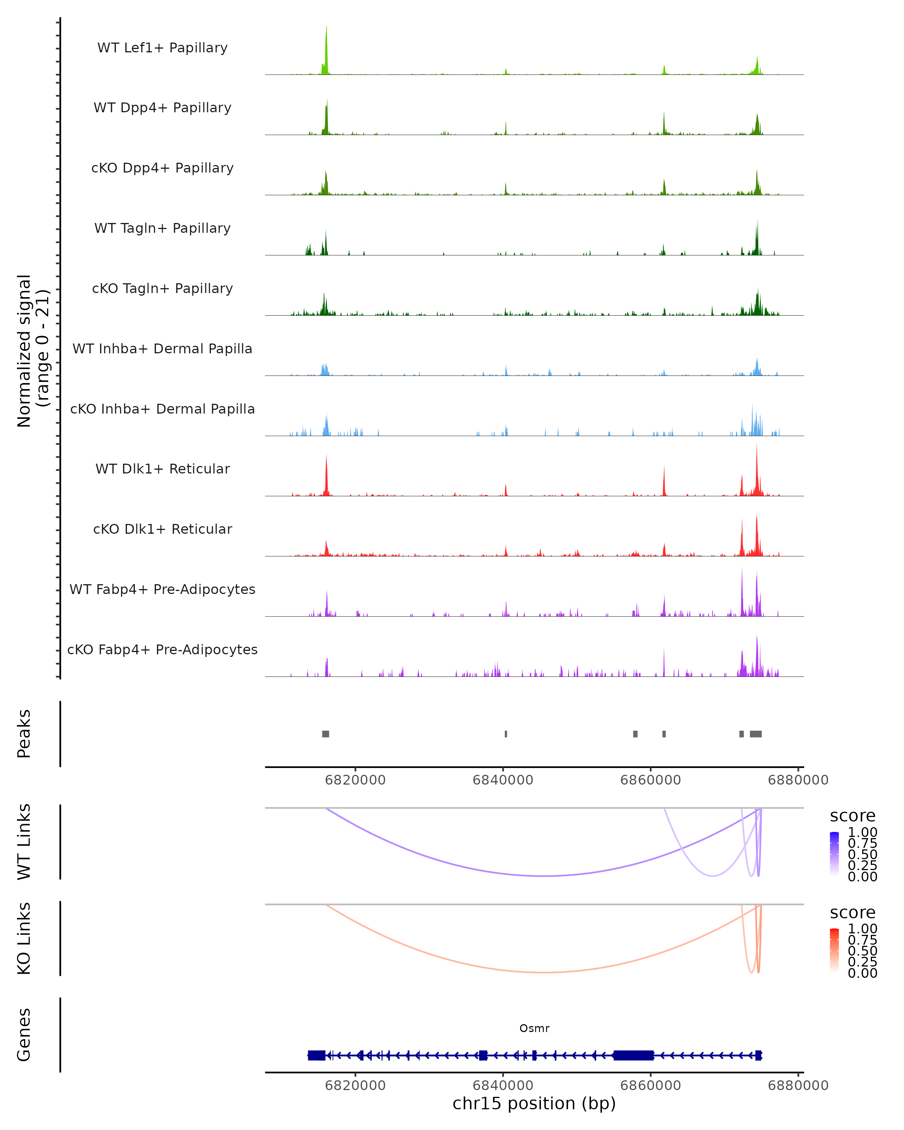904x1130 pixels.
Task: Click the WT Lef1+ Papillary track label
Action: tap(162, 48)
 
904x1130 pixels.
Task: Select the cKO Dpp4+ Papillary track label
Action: tap(162, 168)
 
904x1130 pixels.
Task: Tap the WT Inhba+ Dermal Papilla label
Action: tap(162, 349)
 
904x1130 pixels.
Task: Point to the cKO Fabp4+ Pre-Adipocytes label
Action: tap(162, 650)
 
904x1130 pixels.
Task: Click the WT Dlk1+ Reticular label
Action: tap(162, 469)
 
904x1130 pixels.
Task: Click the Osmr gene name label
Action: tap(534, 1028)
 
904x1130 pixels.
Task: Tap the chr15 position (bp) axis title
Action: tap(534, 1104)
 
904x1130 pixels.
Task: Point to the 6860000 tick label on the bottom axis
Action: tap(651, 1086)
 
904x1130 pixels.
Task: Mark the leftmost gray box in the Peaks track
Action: tap(325, 734)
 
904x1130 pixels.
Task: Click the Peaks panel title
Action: tap(24, 734)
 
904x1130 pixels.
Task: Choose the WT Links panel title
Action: tap(24, 842)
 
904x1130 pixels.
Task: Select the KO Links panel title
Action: tap(24, 939)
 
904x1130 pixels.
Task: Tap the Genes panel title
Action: tap(24, 1035)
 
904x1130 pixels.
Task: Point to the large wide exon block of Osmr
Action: tap(633, 1055)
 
